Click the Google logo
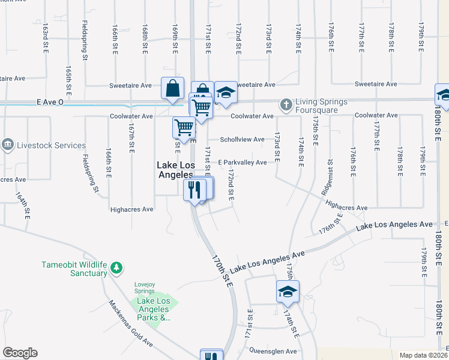(20, 353)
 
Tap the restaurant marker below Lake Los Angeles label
(194, 190)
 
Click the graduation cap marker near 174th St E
(288, 291)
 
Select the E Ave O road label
(50, 102)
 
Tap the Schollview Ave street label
(242, 140)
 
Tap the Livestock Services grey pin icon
(7, 145)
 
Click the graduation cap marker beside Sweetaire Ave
(226, 92)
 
